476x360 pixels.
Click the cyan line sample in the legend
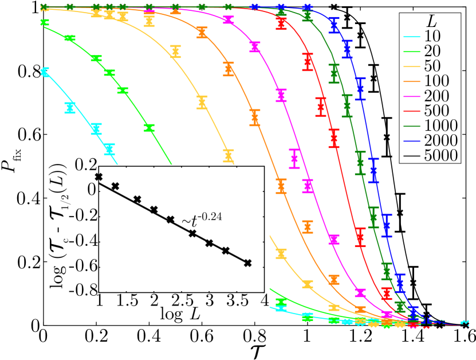click(x=412, y=37)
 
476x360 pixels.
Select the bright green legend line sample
click(x=412, y=52)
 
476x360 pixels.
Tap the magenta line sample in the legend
click(x=412, y=97)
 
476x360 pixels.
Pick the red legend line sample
click(x=412, y=112)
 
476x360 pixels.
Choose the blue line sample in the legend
click(x=412, y=142)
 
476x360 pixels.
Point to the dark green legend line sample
click(x=412, y=127)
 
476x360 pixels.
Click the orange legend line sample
click(x=412, y=82)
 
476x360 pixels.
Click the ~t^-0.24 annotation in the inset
click(x=202, y=218)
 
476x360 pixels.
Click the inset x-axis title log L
click(x=182, y=314)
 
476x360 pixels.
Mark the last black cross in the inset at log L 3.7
click(x=247, y=263)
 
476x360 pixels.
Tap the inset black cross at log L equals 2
click(x=154, y=210)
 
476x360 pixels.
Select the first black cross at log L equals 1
click(x=99, y=177)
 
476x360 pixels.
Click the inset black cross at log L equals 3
click(x=209, y=243)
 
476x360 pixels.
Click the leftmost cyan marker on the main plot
click(x=44, y=72)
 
